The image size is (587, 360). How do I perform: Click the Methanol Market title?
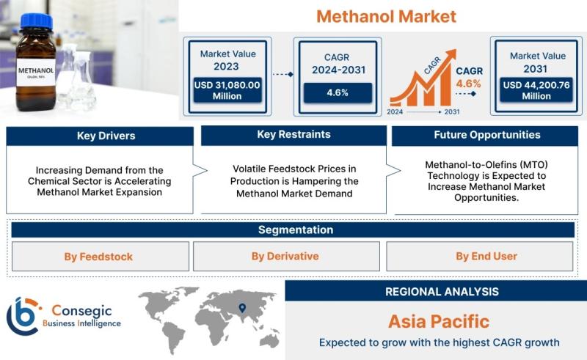(x=386, y=16)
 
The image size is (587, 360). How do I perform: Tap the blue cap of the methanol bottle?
(x=36, y=22)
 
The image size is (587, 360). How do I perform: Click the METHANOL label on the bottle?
(x=36, y=71)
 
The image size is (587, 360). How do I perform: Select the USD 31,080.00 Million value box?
(x=227, y=90)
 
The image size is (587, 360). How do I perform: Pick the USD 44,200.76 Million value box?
(x=536, y=90)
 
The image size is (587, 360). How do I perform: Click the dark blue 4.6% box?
(x=338, y=93)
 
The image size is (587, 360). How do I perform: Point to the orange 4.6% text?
(x=468, y=84)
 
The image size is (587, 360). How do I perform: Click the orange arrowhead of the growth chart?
(x=451, y=55)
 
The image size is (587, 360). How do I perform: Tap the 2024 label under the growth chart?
(x=395, y=112)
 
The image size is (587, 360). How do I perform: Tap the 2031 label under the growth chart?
(x=452, y=112)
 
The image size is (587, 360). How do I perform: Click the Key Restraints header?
(x=293, y=135)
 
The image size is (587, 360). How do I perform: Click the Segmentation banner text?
(x=296, y=229)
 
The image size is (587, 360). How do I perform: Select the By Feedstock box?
(x=101, y=257)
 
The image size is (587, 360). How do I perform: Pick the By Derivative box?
(x=286, y=257)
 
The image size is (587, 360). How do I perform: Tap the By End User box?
(x=480, y=257)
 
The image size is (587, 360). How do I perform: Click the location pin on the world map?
(x=242, y=308)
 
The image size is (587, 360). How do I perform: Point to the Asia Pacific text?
(x=438, y=321)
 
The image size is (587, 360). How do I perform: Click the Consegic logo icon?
(x=23, y=316)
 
